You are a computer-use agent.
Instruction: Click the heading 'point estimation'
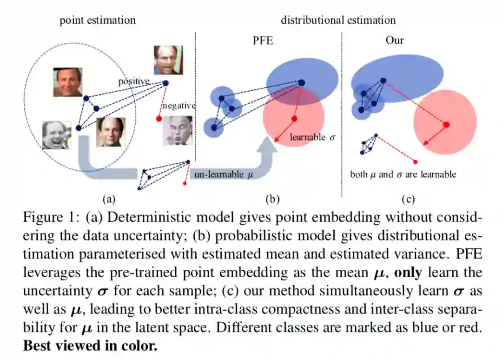click(98, 20)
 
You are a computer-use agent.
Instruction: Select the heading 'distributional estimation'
click(338, 20)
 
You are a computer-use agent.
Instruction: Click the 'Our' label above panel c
click(395, 40)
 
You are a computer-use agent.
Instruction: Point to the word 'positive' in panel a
click(134, 81)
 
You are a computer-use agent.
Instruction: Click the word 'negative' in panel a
click(178, 106)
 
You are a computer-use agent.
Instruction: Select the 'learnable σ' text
click(312, 137)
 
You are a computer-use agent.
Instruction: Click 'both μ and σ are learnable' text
click(403, 174)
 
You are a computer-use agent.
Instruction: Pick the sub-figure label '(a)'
click(108, 199)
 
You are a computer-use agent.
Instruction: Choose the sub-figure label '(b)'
click(272, 199)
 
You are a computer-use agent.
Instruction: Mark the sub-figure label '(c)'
click(408, 199)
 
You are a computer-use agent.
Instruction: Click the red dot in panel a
click(159, 118)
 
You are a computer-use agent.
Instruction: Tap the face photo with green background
click(168, 60)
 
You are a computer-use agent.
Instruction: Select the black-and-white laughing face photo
click(57, 135)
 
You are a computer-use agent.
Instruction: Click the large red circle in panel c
click(445, 122)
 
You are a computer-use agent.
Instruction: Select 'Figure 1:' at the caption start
click(50, 218)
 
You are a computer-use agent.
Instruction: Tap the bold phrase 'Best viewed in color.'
click(91, 346)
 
